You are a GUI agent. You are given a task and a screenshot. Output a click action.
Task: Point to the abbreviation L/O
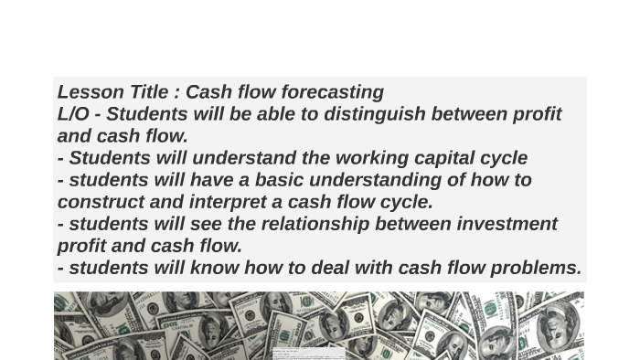(x=73, y=114)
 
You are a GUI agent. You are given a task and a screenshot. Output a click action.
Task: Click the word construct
(x=99, y=202)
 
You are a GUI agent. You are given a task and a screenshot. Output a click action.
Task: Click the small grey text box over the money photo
(x=308, y=353)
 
